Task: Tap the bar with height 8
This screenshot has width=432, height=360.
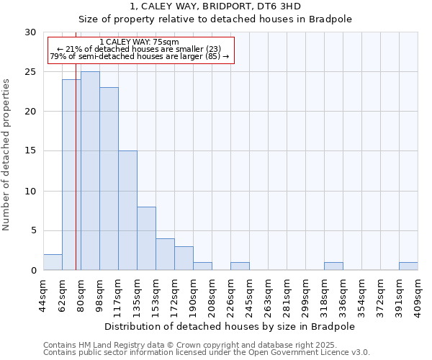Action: click(x=146, y=238)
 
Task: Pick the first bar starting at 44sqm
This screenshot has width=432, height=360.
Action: click(x=53, y=262)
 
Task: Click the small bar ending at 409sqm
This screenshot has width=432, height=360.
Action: click(x=408, y=266)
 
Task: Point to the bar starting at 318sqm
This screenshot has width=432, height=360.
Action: click(x=333, y=266)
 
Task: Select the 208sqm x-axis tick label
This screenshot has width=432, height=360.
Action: click(x=212, y=295)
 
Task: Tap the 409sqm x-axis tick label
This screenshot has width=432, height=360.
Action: click(x=418, y=295)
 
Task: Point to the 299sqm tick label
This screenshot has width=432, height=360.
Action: click(x=305, y=295)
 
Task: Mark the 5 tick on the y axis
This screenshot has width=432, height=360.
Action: click(x=32, y=230)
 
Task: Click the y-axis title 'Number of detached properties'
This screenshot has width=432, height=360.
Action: click(x=6, y=155)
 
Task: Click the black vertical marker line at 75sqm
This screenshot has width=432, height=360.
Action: click(x=76, y=180)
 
